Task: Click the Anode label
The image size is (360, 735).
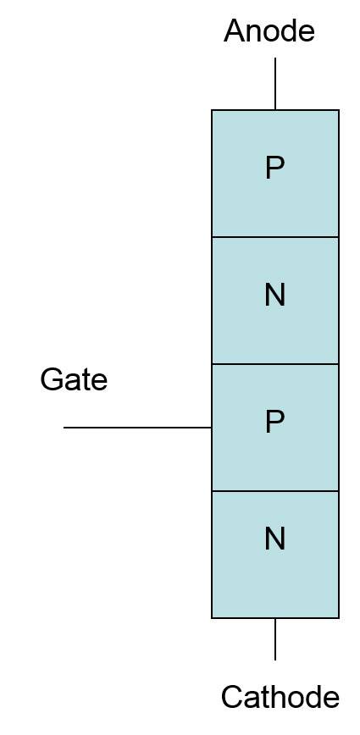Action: coord(269,31)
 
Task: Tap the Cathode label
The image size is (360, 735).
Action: coord(280,697)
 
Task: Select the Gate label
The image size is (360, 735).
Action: coord(74,379)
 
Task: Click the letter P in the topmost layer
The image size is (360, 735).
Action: coord(274,168)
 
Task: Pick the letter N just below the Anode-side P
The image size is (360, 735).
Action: coord(274,296)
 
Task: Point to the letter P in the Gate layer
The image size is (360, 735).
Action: coord(274,422)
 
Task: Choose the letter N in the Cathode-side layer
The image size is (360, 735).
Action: coord(274,539)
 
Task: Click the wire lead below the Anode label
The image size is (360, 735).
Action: coord(275,84)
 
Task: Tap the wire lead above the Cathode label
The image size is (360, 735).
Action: coord(275,639)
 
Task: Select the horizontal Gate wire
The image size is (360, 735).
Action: coord(137,428)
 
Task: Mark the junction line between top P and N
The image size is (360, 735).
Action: coord(275,237)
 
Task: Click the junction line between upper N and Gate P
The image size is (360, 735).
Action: coord(275,364)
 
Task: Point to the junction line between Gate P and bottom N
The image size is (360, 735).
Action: coord(275,491)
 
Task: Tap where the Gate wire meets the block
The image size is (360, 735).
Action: coord(212,428)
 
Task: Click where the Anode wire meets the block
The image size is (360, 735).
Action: coord(275,110)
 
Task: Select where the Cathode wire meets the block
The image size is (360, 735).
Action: coord(275,618)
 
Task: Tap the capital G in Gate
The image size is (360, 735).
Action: coord(51,379)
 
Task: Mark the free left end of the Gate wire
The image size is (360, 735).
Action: coord(64,428)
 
